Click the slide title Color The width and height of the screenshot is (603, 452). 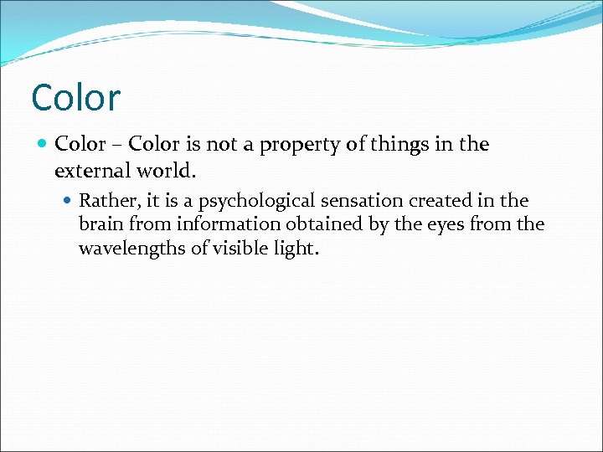click(75, 97)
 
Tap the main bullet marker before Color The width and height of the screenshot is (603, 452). click(43, 145)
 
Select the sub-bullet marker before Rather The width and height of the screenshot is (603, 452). click(68, 201)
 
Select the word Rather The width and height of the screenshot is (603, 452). click(105, 201)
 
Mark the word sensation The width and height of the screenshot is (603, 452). click(354, 201)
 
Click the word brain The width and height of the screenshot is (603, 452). click(99, 224)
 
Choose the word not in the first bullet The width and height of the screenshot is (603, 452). click(222, 145)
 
